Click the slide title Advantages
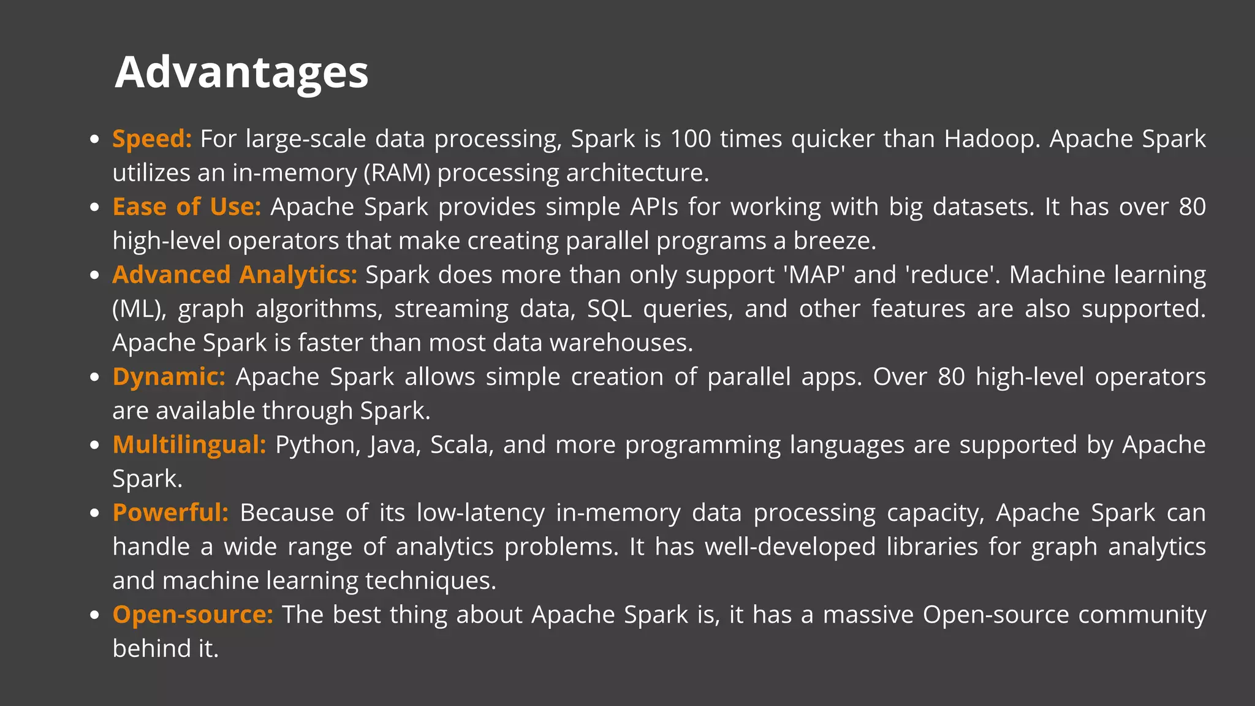(241, 72)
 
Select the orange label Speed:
(152, 139)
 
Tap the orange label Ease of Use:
(187, 207)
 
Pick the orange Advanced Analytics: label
(235, 275)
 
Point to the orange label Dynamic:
(169, 377)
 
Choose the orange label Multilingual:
(189, 445)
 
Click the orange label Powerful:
(170, 513)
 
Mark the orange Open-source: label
(192, 615)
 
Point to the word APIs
(654, 207)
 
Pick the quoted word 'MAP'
(814, 275)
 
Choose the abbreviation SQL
(609, 309)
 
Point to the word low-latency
(480, 513)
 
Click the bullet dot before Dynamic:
(94, 377)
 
